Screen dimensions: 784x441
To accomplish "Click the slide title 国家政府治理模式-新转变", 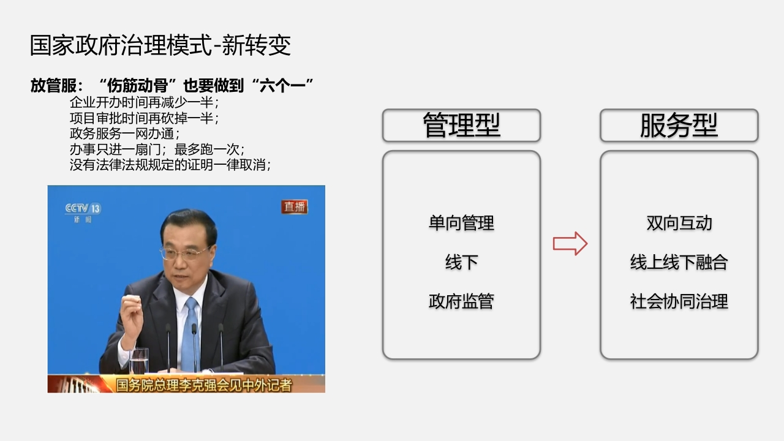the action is (x=160, y=45).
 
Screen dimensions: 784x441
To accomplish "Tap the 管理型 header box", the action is (x=461, y=126).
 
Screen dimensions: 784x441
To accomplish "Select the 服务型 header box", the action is (x=679, y=126).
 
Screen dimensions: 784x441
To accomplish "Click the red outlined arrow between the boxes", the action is (x=570, y=244).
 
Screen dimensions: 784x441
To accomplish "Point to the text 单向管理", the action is (x=461, y=223).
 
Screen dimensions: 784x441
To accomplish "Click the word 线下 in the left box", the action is (x=462, y=262).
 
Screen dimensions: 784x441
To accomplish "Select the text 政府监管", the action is (x=461, y=301).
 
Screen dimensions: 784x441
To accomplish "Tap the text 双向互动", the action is (x=679, y=223).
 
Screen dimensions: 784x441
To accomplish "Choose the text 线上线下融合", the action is (x=679, y=262).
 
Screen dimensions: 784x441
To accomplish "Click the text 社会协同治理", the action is (x=679, y=301).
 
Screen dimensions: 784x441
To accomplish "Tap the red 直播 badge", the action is (x=295, y=207).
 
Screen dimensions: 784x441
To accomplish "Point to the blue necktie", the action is (x=191, y=333).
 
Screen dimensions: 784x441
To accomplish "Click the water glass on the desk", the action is (x=139, y=361).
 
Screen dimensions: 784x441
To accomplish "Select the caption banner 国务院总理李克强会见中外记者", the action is (x=204, y=385).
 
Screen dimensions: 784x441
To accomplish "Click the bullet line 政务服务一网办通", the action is (x=124, y=134).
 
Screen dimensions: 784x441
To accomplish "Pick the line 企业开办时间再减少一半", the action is (x=144, y=102).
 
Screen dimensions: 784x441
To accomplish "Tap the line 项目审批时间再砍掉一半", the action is (x=144, y=118).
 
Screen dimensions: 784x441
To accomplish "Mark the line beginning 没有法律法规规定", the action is (x=170, y=165).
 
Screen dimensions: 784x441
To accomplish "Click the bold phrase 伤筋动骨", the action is (x=137, y=85).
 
